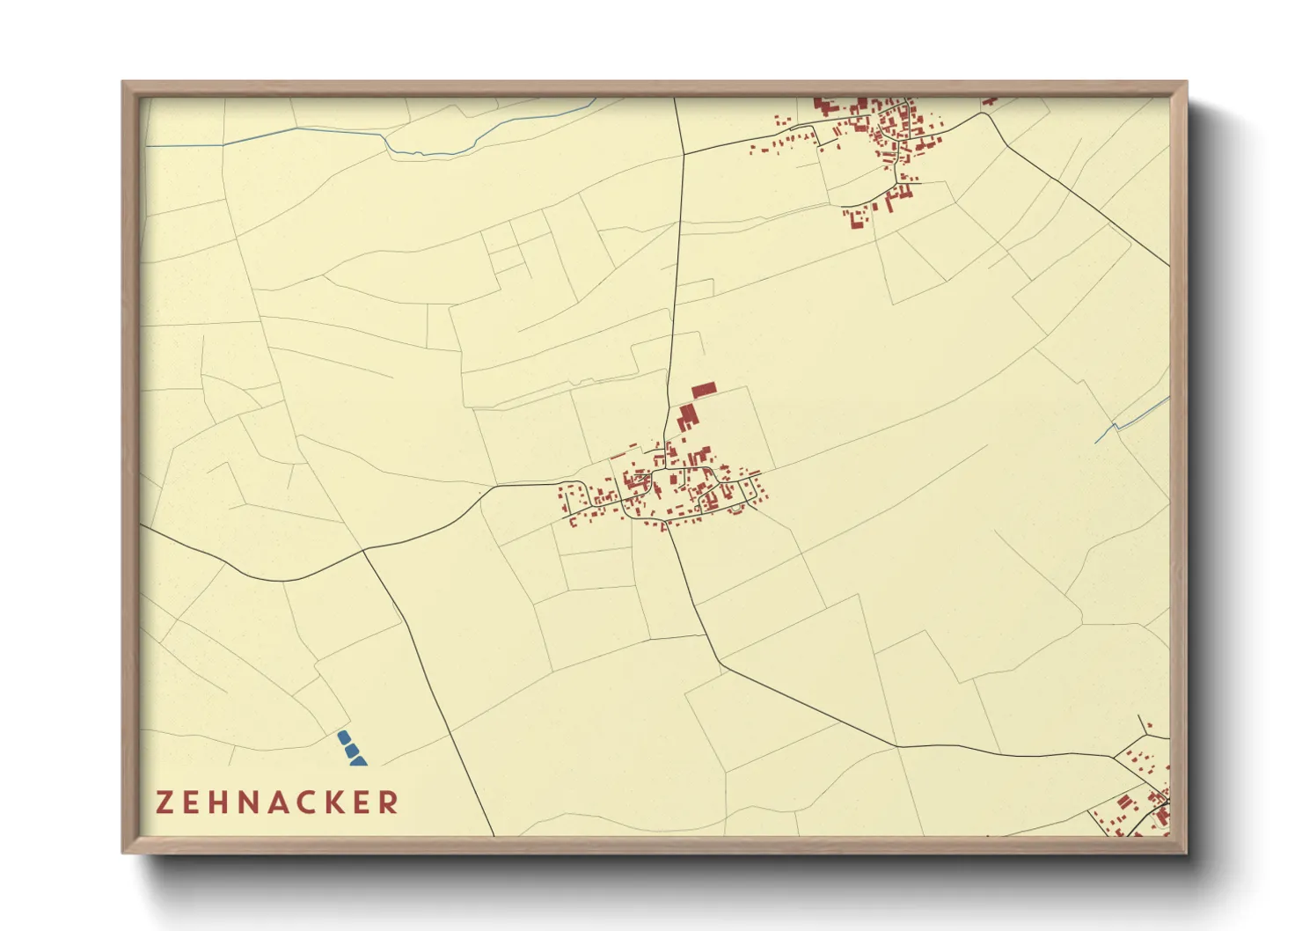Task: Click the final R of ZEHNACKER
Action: pos(388,803)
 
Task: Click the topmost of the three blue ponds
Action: pos(344,737)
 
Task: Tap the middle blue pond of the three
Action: pos(352,750)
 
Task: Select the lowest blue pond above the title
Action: pos(358,760)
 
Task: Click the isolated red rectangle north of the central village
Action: pos(704,390)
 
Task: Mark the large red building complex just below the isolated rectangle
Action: pos(686,417)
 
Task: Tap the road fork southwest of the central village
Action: pos(364,550)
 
